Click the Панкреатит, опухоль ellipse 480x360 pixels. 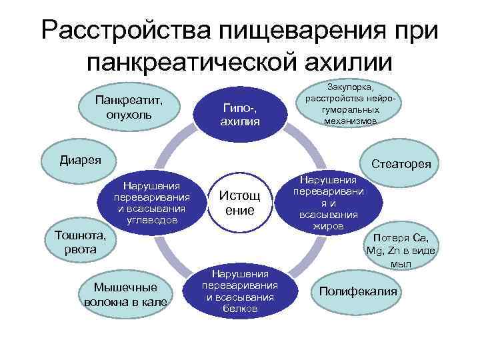(132, 107)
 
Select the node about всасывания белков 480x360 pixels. (240, 291)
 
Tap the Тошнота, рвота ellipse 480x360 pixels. (76, 242)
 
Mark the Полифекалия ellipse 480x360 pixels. (358, 291)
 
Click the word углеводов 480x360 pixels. (153, 218)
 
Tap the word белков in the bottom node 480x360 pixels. (240, 310)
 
